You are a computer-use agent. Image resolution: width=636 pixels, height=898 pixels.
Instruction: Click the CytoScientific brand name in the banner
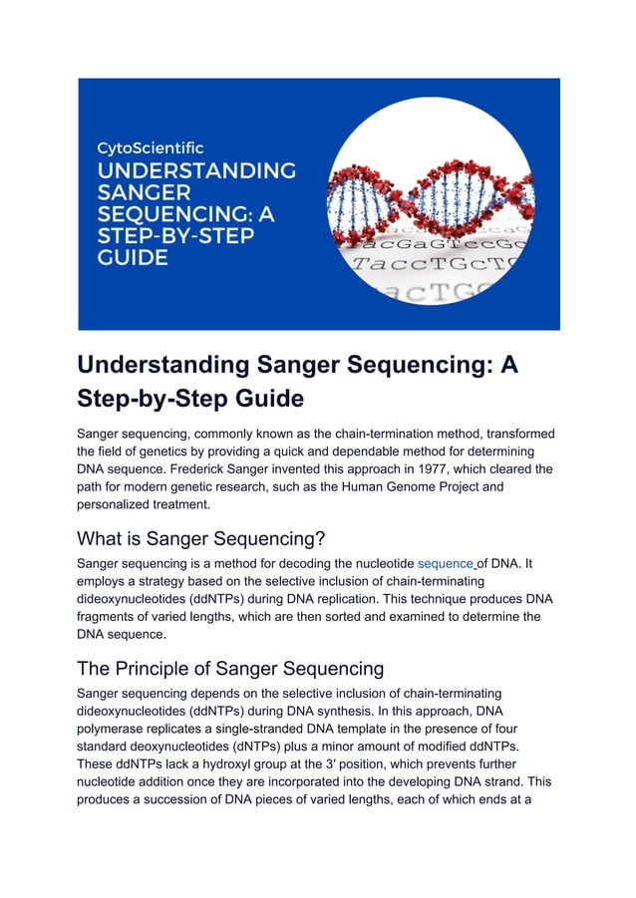tap(149, 148)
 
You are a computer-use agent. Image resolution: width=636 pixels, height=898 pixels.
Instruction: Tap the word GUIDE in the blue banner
tap(132, 258)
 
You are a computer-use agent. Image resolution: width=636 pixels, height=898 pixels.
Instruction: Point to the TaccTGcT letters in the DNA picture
tap(439, 266)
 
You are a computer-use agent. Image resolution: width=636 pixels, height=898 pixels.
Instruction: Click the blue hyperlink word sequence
tap(445, 563)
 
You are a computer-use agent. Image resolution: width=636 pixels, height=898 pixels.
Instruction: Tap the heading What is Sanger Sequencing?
tap(201, 538)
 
